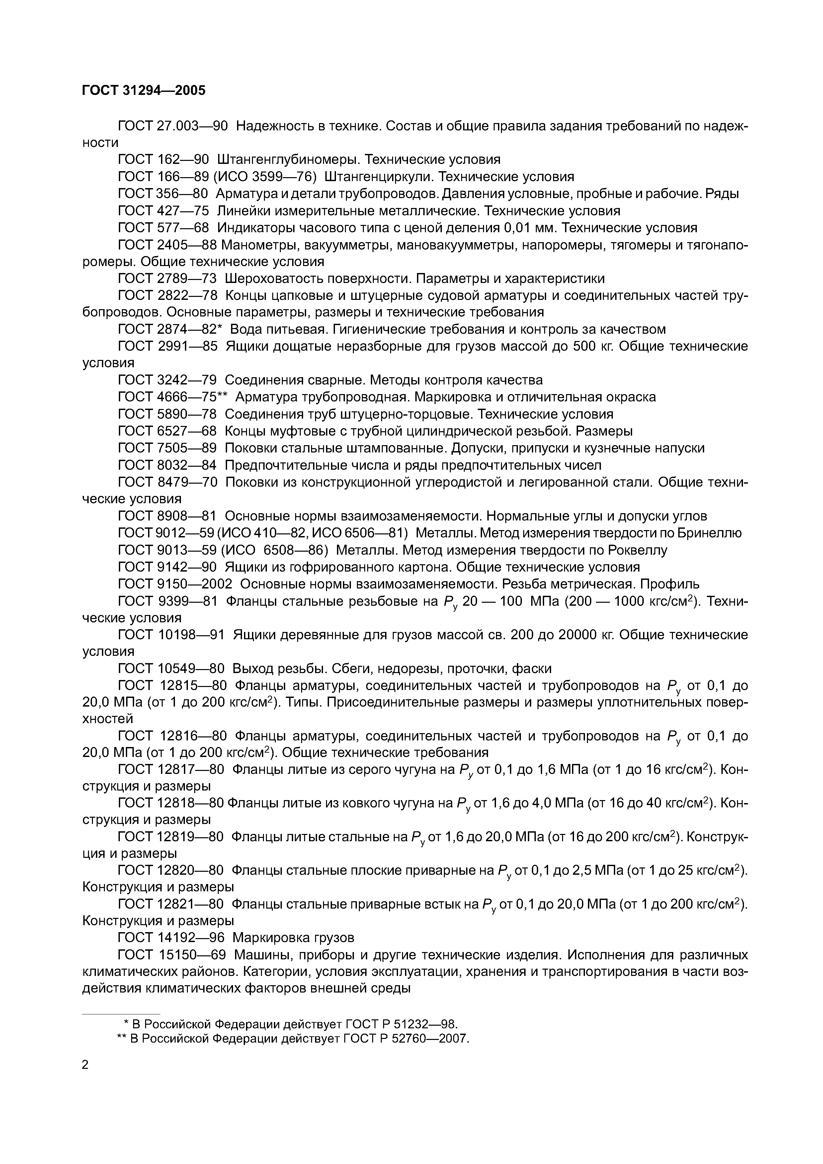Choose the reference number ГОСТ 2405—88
167,245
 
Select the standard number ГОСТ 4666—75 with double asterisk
173,397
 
